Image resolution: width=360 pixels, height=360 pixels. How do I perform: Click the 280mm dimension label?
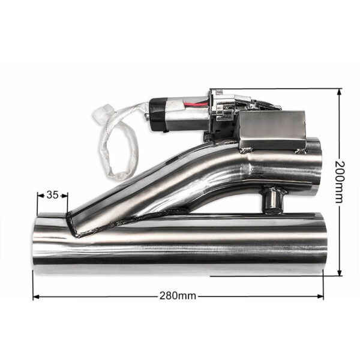click(x=178, y=295)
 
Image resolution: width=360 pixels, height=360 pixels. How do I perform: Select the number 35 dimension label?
click(x=52, y=195)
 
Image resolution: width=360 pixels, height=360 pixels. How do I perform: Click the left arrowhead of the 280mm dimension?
click(x=35, y=295)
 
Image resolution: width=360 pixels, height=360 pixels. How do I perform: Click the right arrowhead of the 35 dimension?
click(x=67, y=195)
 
